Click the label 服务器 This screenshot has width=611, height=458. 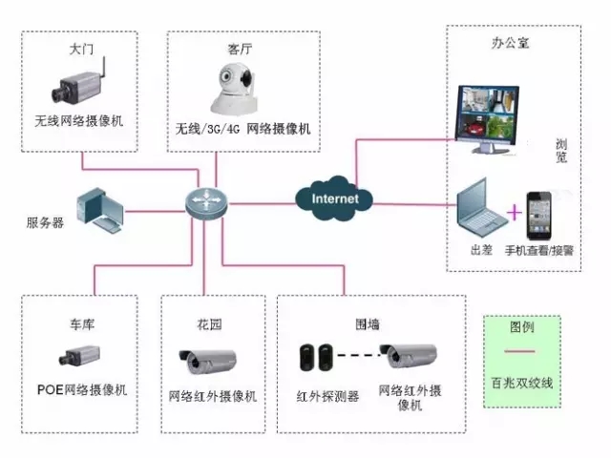45,223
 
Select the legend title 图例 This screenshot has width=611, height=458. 522,327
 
